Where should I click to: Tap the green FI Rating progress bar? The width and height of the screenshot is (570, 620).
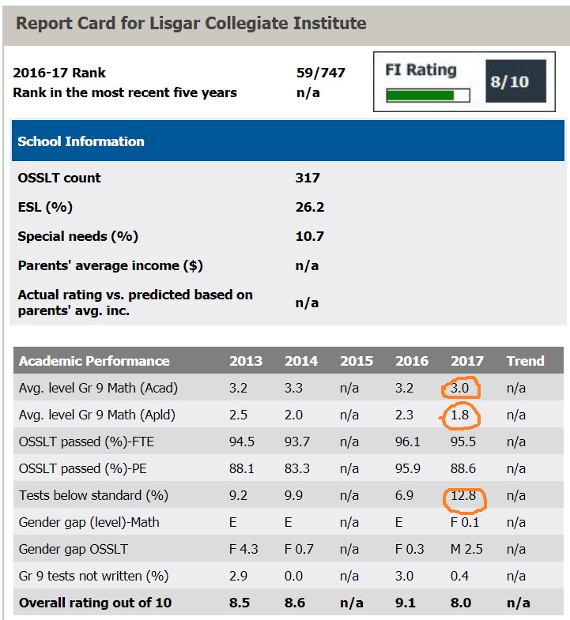coord(427,96)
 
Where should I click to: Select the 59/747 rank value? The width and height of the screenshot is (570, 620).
coord(320,73)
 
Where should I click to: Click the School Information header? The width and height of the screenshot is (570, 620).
coord(81,141)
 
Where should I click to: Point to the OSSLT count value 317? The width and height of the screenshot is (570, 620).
coord(308,178)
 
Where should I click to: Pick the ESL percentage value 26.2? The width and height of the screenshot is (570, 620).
coord(310,208)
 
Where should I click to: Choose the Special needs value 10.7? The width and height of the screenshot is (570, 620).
coord(310,236)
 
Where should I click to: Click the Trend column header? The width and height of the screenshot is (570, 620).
coord(525,361)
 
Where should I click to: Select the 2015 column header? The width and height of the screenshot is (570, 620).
coord(357,361)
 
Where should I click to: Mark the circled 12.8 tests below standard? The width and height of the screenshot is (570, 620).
coord(465,496)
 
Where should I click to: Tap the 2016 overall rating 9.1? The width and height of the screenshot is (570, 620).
coord(407,603)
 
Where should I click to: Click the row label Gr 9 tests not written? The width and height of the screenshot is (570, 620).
coord(93,577)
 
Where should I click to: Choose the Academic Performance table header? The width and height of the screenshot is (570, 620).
coord(94,361)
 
